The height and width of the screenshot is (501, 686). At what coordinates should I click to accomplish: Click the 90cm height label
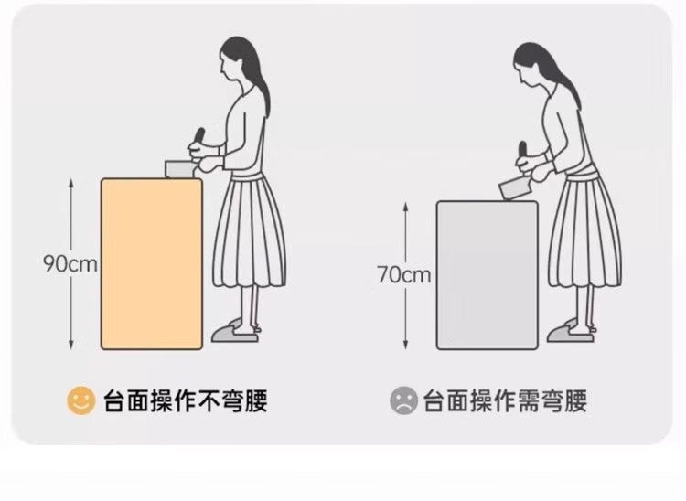(70, 263)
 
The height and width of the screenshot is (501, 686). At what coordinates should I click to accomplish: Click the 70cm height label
(404, 274)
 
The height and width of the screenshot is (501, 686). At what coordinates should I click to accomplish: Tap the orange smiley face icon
(80, 400)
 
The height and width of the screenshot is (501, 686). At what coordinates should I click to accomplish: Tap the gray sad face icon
(403, 400)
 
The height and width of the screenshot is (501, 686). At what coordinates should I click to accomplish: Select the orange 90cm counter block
(152, 263)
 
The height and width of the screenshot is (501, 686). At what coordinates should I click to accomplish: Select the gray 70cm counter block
(488, 275)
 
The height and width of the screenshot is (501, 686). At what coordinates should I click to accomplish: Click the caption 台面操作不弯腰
(186, 400)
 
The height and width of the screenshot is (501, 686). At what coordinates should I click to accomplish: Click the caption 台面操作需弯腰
(505, 400)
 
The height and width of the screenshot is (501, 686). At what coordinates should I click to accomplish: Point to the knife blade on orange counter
(179, 169)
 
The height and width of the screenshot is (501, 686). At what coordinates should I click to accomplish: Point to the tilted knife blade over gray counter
(514, 188)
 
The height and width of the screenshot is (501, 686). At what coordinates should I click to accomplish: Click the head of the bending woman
(532, 66)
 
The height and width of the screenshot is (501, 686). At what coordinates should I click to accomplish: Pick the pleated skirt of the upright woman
(250, 230)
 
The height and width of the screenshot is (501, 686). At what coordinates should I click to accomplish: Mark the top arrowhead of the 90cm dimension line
(70, 181)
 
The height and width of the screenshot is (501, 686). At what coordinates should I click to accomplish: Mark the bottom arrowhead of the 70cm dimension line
(405, 346)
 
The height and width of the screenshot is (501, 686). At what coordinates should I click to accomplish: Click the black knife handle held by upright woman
(199, 135)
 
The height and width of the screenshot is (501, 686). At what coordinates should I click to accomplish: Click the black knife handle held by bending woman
(522, 149)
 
